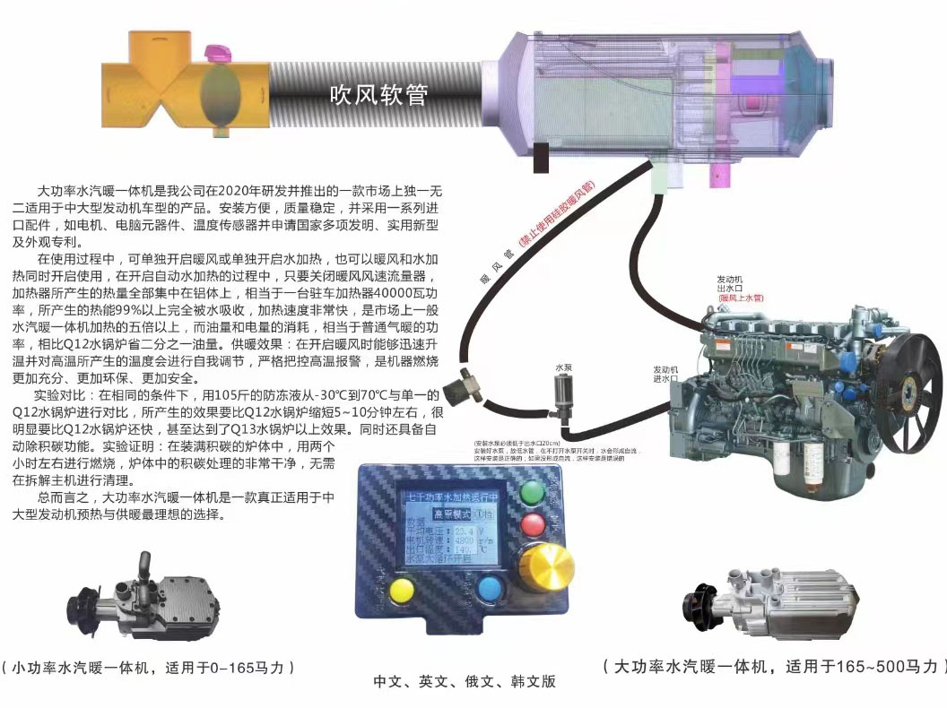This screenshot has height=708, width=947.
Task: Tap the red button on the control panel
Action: pyautogui.click(x=534, y=525)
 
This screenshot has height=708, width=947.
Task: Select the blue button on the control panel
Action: pyautogui.click(x=490, y=589)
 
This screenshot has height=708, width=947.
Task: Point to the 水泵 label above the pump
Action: pyautogui.click(x=563, y=367)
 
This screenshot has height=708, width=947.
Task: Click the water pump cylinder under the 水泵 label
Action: pyautogui.click(x=563, y=394)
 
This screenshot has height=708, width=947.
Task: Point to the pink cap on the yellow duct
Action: pyautogui.click(x=217, y=54)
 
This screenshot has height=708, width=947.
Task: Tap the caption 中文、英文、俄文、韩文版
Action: pyautogui.click(x=465, y=681)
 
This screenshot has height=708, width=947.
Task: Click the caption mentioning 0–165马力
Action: pyautogui.click(x=148, y=668)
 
